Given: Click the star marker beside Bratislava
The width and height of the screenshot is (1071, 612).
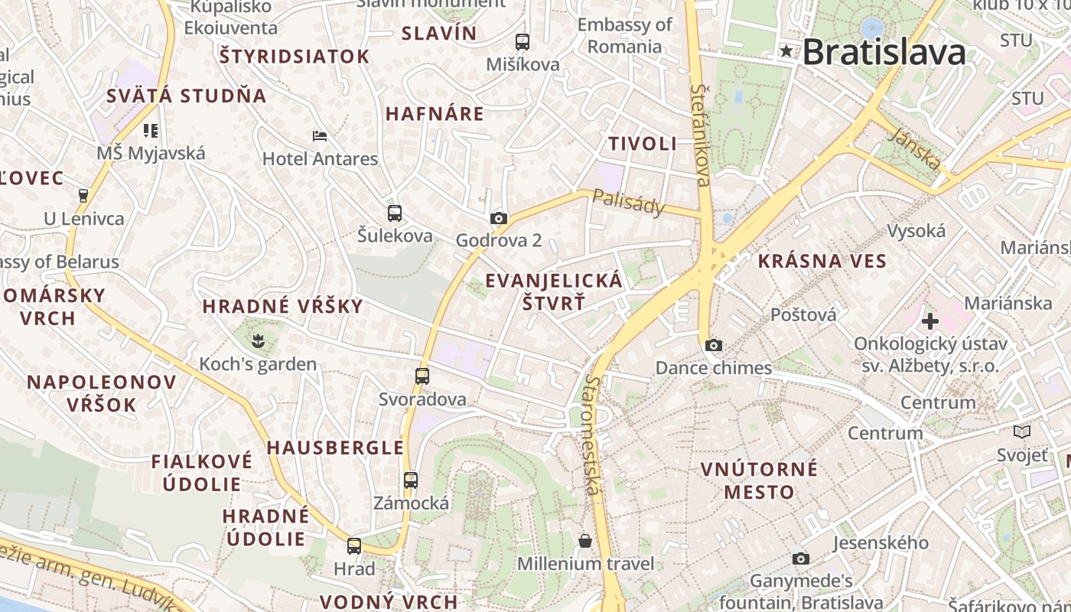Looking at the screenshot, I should [786, 52].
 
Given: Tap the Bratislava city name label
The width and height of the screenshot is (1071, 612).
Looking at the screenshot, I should [884, 52].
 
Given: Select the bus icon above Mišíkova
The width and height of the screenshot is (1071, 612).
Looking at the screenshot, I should [522, 42].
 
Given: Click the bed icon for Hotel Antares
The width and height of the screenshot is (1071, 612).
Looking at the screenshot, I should [320, 136].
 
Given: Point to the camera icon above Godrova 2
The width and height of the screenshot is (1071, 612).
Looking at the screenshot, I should [499, 219].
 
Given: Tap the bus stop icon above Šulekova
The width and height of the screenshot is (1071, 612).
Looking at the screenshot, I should [395, 213].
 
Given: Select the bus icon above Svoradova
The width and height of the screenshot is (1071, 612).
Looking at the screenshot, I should [422, 376].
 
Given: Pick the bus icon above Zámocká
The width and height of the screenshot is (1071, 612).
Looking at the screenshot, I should [411, 480].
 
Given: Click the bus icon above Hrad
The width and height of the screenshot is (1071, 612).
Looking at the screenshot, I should [354, 546].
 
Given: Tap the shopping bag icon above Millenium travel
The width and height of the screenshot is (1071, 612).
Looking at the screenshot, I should [585, 541].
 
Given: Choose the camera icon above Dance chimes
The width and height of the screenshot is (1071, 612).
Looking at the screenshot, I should [714, 345].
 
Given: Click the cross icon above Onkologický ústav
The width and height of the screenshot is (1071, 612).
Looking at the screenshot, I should [930, 321].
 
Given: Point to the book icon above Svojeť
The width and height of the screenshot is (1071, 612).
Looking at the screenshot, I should [1022, 432].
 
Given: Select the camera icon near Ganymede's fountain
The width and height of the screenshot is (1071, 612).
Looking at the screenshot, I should [801, 558].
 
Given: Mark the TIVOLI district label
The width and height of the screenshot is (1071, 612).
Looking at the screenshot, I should [643, 143].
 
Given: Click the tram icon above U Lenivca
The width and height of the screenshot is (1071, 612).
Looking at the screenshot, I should [84, 195].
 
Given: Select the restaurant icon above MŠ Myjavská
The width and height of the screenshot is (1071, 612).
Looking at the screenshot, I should [151, 131].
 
